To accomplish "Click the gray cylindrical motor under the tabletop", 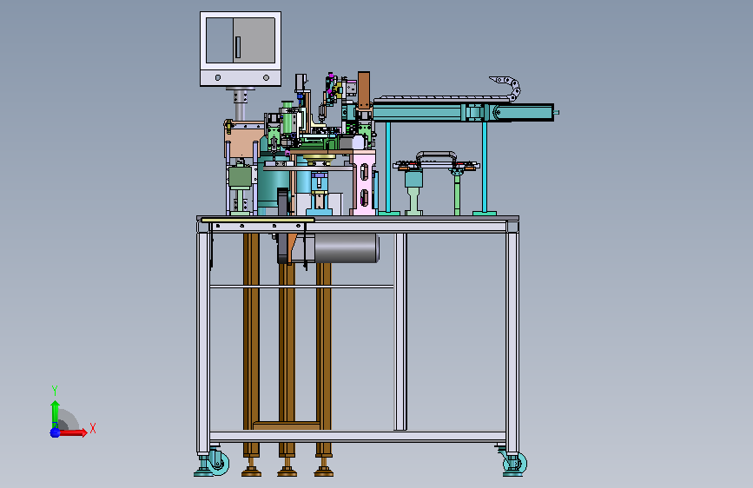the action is tap(347, 247).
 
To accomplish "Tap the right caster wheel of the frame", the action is tap(516, 463).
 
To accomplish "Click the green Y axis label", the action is tap(55, 390).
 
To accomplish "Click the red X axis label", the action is tap(93, 428).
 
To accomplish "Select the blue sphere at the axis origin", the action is tap(56, 432).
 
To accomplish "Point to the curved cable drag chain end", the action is tap(506, 88).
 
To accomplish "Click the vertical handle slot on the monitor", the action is tap(238, 47).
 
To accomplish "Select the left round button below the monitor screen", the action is tap(218, 77).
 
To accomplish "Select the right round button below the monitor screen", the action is tap(266, 77).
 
